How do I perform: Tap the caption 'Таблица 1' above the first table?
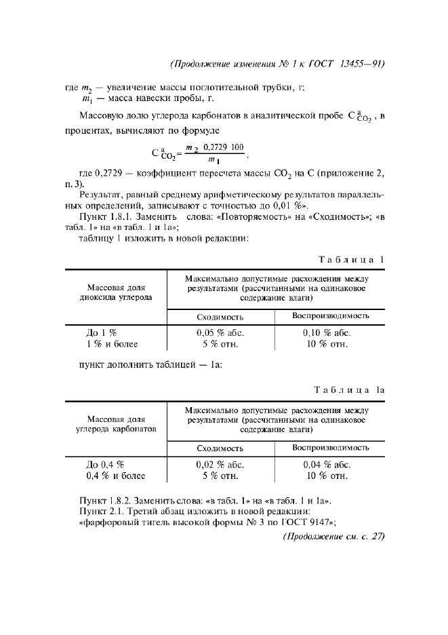tap(352, 258)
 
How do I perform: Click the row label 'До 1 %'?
tap(102, 333)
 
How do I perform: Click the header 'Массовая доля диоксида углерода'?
tap(115, 292)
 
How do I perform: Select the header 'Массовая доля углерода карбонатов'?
tap(115, 424)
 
